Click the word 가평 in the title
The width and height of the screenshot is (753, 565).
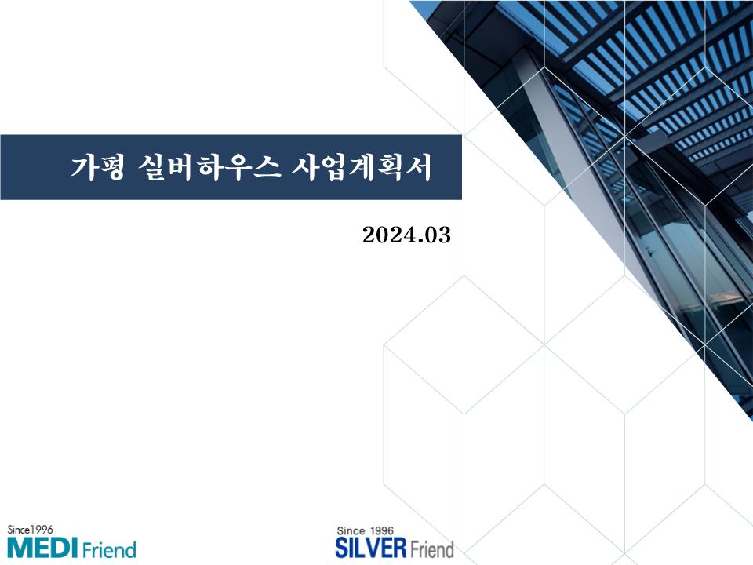pyautogui.click(x=98, y=167)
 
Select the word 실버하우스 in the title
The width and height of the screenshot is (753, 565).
pyautogui.click(x=209, y=167)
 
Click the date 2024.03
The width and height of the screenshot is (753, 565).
pyautogui.click(x=407, y=235)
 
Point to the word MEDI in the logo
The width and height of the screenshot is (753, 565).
pyautogui.click(x=42, y=549)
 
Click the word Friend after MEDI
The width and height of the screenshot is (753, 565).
pyautogui.click(x=109, y=549)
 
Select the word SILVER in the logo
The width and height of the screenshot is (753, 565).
pyautogui.click(x=371, y=549)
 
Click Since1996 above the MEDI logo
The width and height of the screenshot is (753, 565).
pyautogui.click(x=30, y=530)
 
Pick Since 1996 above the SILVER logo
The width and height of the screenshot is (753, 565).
pyautogui.click(x=365, y=531)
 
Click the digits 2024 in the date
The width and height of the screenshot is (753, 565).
pyautogui.click(x=388, y=235)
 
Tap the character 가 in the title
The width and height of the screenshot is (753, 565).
pyautogui.click(x=84, y=167)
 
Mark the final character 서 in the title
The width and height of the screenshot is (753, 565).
pyautogui.click(x=419, y=167)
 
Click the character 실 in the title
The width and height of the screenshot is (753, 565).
pyautogui.click(x=151, y=167)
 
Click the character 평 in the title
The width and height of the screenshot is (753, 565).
pyautogui.click(x=112, y=167)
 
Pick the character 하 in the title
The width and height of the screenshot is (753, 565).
pyautogui.click(x=209, y=167)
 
